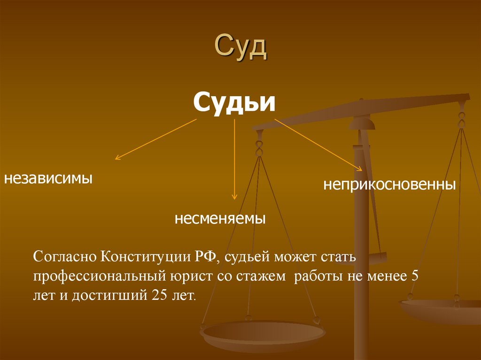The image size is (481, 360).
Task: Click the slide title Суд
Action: point(240,48)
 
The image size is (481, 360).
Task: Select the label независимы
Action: point(48,178)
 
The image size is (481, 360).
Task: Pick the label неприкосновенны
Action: point(389,184)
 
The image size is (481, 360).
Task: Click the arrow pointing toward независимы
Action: point(155,139)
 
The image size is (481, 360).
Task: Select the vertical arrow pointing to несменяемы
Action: point(234,160)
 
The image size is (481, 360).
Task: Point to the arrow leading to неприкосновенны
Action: point(318,145)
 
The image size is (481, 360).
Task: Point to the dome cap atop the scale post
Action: point(362,123)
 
